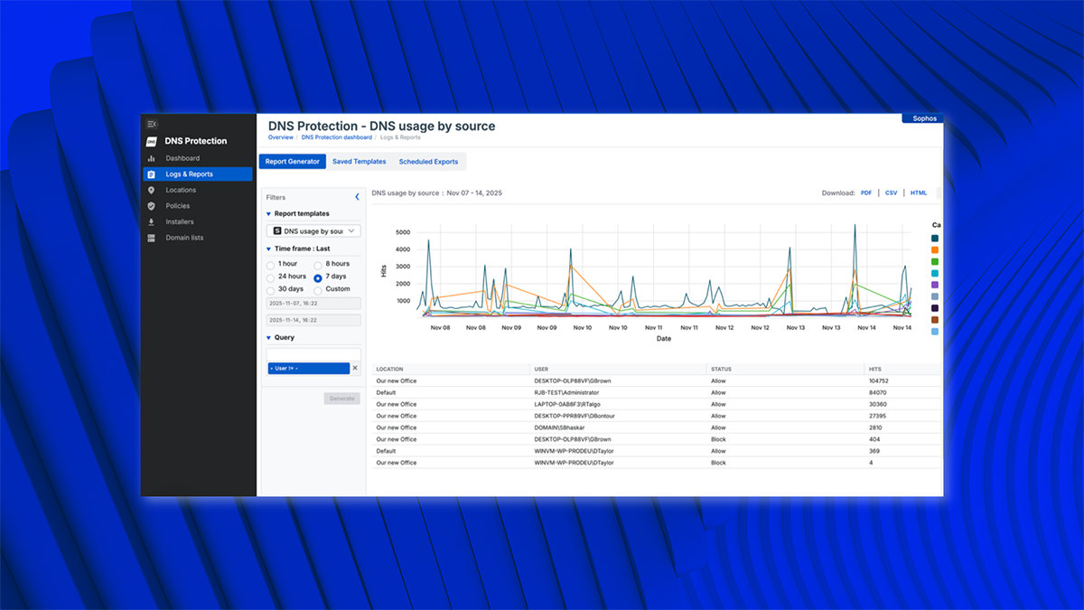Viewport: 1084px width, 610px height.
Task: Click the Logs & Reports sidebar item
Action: point(189,174)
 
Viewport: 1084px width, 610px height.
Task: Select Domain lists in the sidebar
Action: point(184,238)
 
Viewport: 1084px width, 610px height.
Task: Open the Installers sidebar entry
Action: point(180,221)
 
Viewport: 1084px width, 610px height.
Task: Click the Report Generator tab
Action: point(292,162)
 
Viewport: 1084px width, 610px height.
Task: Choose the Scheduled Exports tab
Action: point(428,162)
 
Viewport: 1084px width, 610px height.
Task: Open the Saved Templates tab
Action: point(359,162)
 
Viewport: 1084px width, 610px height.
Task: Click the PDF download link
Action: point(866,192)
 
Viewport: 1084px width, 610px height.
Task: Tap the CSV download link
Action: point(891,192)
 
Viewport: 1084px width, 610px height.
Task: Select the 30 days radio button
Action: point(271,289)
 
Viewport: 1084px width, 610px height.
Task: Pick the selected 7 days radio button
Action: point(318,277)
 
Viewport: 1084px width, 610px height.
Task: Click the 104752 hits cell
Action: point(881,381)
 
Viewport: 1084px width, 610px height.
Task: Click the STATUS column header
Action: point(721,369)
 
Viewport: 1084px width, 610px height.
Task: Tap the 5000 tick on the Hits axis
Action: point(403,232)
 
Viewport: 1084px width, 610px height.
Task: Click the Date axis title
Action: point(663,339)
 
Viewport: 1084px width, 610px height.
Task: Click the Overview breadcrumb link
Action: point(280,137)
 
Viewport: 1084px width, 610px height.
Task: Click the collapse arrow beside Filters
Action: point(357,197)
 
